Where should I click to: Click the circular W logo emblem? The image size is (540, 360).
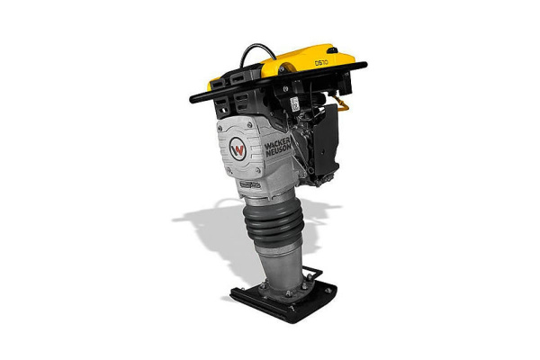[238, 149]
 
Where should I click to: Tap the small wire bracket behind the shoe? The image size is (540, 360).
[311, 273]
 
